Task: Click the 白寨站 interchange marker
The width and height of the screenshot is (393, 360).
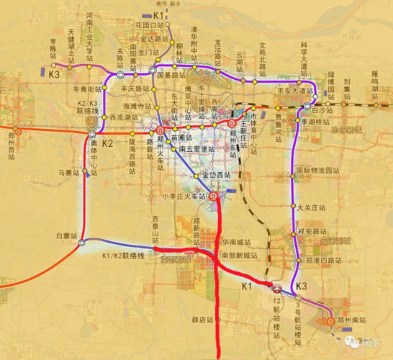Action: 83,241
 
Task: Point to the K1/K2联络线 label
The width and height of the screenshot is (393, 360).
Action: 123,256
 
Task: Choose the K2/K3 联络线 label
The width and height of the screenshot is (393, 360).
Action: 86,107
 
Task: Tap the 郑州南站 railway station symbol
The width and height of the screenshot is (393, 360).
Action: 330,322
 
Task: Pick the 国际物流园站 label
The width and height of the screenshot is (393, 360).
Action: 317,171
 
